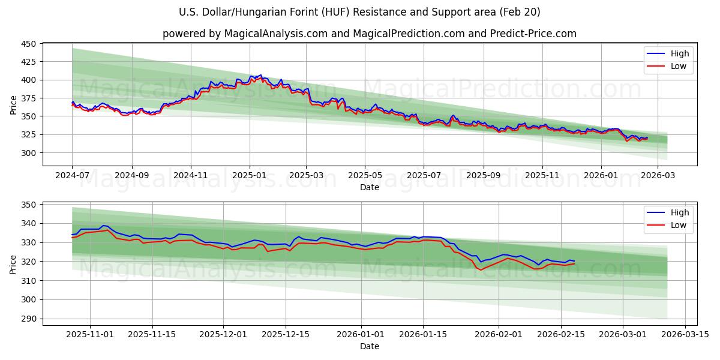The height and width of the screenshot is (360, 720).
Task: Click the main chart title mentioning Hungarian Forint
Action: coord(360,12)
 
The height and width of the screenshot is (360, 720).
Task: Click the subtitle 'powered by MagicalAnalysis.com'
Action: coord(369,34)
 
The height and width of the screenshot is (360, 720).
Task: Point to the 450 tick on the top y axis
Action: coord(29,43)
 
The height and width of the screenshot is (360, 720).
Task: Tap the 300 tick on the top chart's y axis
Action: coord(29,153)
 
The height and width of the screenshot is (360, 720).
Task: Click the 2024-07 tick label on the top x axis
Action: coord(72,176)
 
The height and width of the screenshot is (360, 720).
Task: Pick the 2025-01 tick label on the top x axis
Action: coord(249,176)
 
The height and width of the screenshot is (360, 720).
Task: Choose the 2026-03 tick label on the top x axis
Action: coord(658,176)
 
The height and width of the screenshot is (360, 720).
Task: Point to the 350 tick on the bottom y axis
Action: coord(29,205)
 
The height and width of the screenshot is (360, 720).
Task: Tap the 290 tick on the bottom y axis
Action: coord(29,319)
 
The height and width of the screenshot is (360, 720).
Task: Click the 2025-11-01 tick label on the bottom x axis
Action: coord(90,335)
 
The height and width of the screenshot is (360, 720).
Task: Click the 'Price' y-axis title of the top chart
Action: coord(13,105)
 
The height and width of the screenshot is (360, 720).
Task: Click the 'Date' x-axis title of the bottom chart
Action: coord(369,346)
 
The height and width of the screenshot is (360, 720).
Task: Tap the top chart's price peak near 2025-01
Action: coord(259,76)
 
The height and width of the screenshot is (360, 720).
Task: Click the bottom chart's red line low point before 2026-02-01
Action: coord(480,270)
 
